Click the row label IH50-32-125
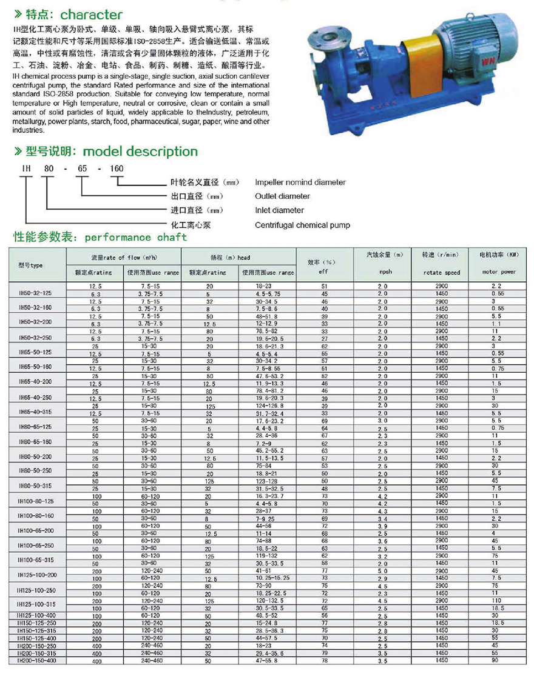point(35,293)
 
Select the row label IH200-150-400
point(37,660)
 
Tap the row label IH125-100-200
point(37,574)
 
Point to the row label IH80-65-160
point(35,442)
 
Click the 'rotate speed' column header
point(441,273)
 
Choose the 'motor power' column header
point(499,272)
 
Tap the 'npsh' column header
point(386,272)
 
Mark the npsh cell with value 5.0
point(383,570)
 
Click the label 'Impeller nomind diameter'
point(300,182)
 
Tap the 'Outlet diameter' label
point(282,196)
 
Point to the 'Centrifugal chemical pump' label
point(302,225)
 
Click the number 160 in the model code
point(115,168)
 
